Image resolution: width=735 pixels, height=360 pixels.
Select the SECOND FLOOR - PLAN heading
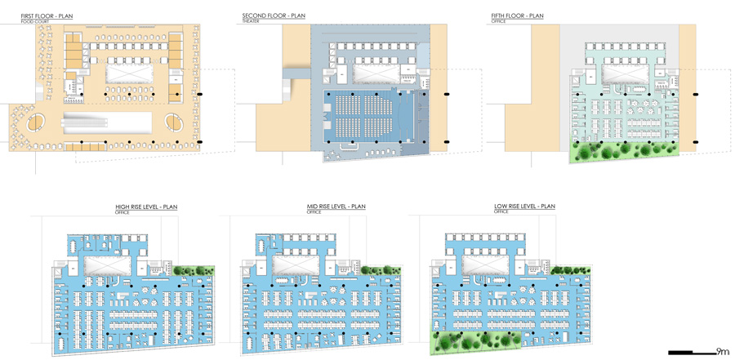(x=274, y=16)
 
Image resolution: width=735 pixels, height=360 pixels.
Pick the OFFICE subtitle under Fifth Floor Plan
(x=497, y=21)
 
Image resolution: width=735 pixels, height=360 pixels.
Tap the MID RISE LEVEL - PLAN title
(x=336, y=207)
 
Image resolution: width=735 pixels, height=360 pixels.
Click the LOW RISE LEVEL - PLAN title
(x=524, y=207)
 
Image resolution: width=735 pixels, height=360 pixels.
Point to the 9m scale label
(x=722, y=352)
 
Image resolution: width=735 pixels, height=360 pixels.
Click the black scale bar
(x=691, y=353)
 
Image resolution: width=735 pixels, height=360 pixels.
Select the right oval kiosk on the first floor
(x=175, y=122)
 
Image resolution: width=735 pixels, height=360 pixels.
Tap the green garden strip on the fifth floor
(x=625, y=150)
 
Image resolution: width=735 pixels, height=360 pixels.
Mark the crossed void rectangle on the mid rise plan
(x=296, y=265)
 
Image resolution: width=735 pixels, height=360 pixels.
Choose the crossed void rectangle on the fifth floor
(x=625, y=73)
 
